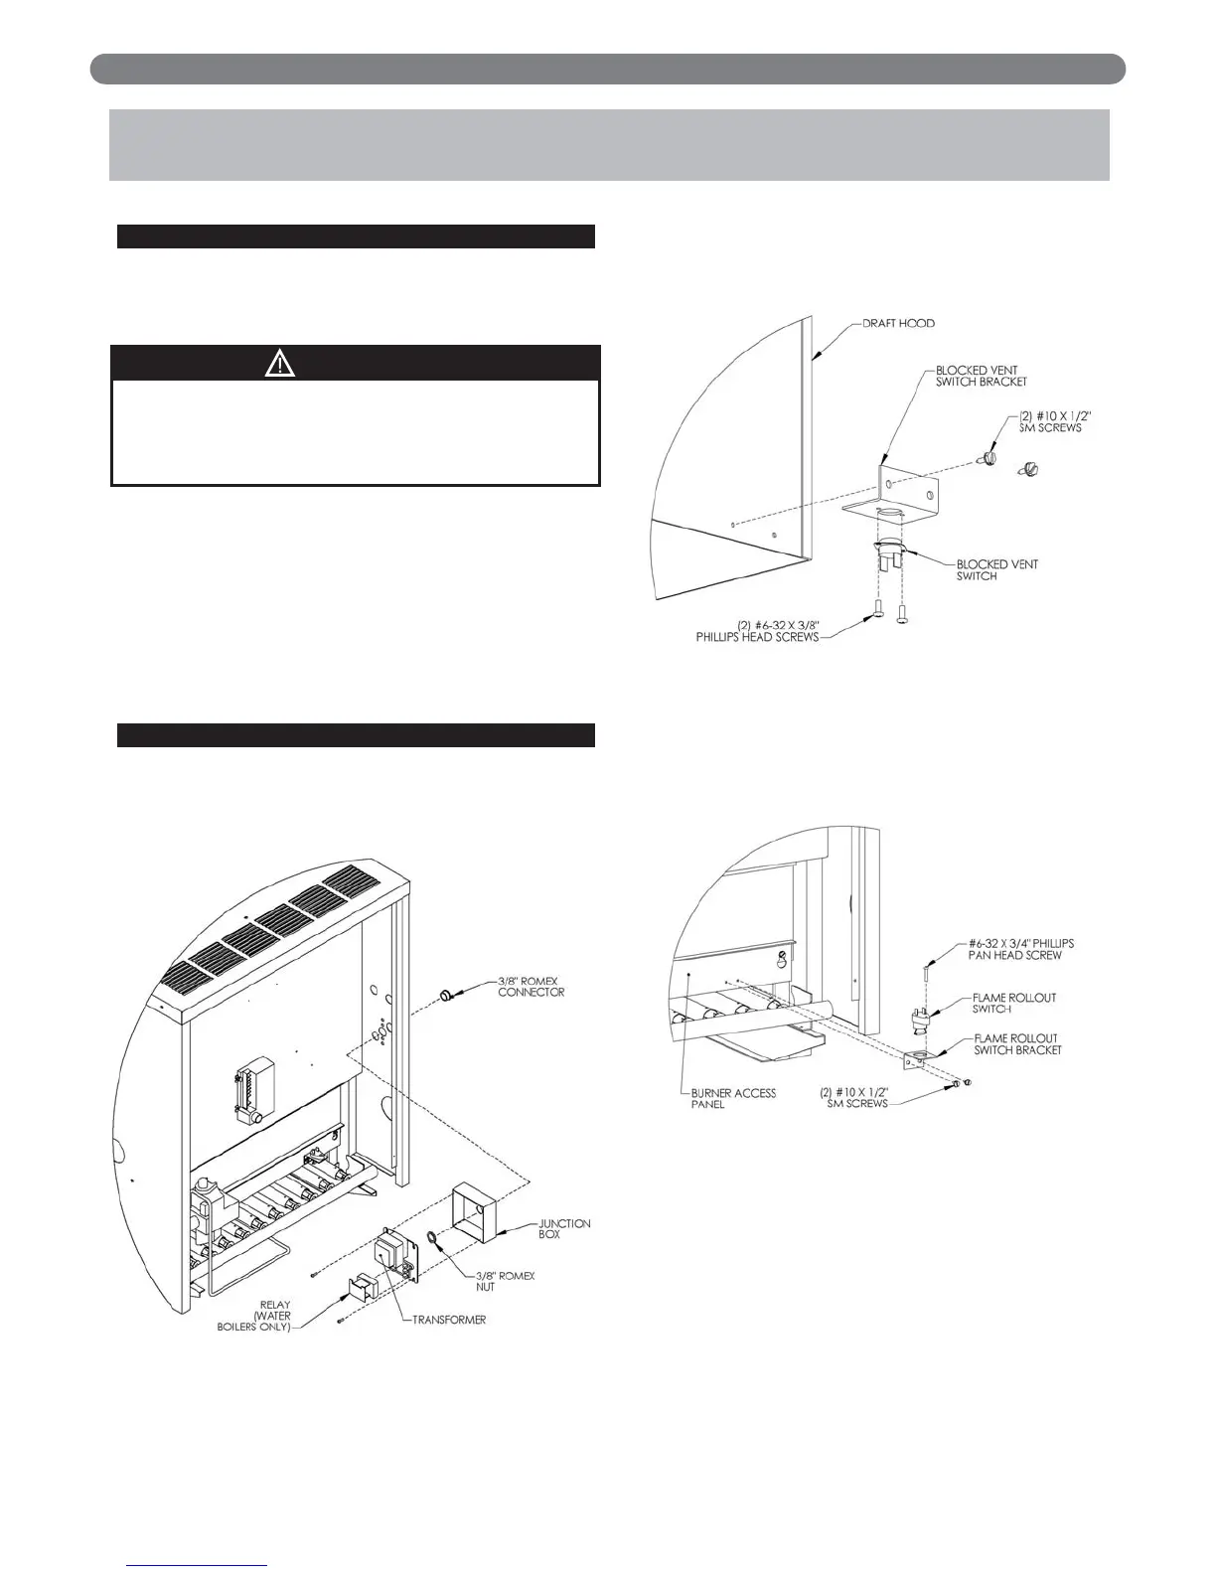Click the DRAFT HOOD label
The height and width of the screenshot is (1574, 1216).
(x=898, y=324)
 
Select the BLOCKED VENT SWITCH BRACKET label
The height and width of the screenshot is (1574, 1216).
(x=982, y=376)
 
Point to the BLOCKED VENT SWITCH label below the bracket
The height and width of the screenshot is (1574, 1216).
(x=997, y=570)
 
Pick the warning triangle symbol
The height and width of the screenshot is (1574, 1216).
(x=280, y=364)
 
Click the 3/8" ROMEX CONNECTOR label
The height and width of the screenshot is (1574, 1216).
(x=532, y=987)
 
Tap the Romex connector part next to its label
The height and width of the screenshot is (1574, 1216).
(x=447, y=995)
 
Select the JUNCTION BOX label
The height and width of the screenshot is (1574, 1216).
(x=564, y=1229)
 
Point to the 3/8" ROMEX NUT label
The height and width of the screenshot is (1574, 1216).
(x=504, y=1281)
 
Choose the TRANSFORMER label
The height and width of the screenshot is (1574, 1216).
(x=450, y=1321)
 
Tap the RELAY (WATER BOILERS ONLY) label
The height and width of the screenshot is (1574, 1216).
(x=254, y=1317)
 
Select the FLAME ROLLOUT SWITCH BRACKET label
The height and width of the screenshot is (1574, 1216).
(x=1016, y=1044)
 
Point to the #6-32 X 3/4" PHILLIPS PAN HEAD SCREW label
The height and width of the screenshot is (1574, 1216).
(x=1021, y=949)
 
